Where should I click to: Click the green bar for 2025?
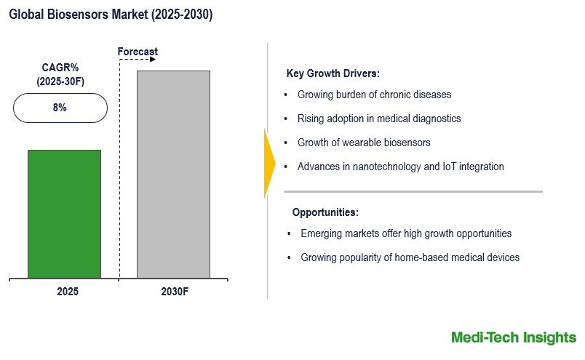pyautogui.click(x=64, y=214)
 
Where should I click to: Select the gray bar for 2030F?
pyautogui.click(x=173, y=175)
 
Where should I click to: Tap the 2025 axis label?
pyautogui.click(x=67, y=291)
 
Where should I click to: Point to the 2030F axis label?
pyautogui.click(x=174, y=291)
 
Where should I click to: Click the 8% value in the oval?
pyautogui.click(x=60, y=108)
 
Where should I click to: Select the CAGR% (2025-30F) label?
pyautogui.click(x=60, y=74)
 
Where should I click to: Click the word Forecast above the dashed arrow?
pyautogui.click(x=138, y=52)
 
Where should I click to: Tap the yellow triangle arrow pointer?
pyautogui.click(x=268, y=163)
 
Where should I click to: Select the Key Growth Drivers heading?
pyautogui.click(x=333, y=73)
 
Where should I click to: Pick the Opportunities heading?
pyautogui.click(x=325, y=212)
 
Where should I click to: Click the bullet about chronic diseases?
pyautogui.click(x=374, y=95)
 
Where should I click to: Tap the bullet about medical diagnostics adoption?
pyautogui.click(x=379, y=119)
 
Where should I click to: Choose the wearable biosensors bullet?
pyautogui.click(x=364, y=143)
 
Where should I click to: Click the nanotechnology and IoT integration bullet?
pyautogui.click(x=400, y=167)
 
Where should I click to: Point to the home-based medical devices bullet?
pyautogui.click(x=410, y=257)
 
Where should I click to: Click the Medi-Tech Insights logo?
pyautogui.click(x=513, y=337)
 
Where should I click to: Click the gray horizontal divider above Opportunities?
pyautogui.click(x=413, y=192)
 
